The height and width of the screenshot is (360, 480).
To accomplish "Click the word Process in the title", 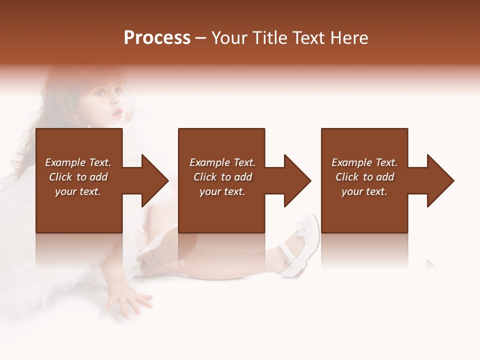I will (157, 38).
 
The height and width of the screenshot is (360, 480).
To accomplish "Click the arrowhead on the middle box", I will (296, 180).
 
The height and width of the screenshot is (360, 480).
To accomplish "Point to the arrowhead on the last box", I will (439, 180).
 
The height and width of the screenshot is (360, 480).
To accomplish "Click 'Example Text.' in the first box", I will (78, 162).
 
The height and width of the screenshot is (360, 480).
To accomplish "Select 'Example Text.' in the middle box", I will (222, 162).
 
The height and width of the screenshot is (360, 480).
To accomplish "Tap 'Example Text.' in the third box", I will (364, 162).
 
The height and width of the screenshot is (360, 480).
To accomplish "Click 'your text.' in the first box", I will (78, 191).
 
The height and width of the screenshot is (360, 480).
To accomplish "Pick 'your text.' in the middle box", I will (222, 191).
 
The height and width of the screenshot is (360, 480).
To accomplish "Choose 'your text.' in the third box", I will (364, 191).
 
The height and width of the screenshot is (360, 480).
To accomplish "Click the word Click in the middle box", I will (205, 177).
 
